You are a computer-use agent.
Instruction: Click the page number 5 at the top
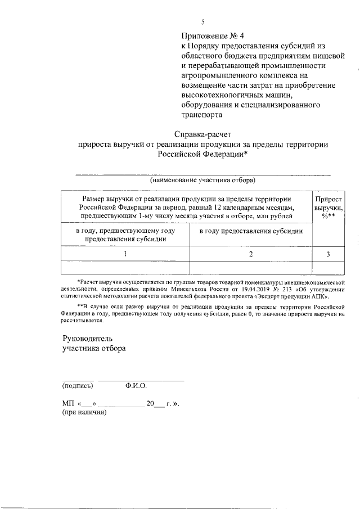tap(204, 22)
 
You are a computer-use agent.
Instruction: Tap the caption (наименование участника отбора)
tap(202, 181)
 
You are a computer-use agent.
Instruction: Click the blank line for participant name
tap(202, 173)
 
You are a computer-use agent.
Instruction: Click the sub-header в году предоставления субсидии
tap(251, 231)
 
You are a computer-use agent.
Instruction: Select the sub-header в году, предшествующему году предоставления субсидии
tap(125, 235)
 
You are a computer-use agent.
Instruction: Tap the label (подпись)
tap(78, 386)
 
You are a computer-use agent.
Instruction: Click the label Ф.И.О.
tap(136, 386)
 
